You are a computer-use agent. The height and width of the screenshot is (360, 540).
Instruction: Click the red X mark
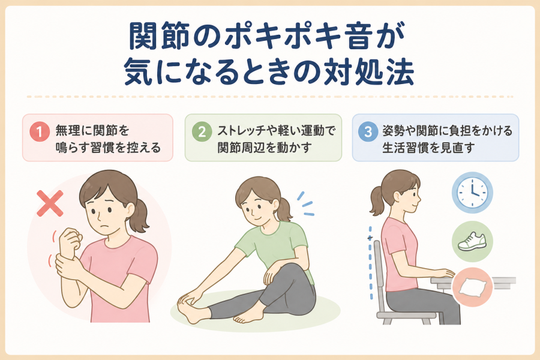(x=50, y=203)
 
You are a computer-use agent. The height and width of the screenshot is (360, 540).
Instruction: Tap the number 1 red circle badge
(x=40, y=131)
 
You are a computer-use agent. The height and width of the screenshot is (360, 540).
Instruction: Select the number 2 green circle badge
(x=202, y=131)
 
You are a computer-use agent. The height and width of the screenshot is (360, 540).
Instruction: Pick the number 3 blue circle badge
(x=368, y=131)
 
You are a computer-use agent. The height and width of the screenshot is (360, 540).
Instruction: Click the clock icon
(x=472, y=193)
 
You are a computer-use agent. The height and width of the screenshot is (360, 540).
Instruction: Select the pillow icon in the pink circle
(x=473, y=287)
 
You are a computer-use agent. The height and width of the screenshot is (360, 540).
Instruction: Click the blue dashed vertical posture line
(x=371, y=263)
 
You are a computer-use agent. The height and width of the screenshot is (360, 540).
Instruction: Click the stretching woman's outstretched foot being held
(x=190, y=308)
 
